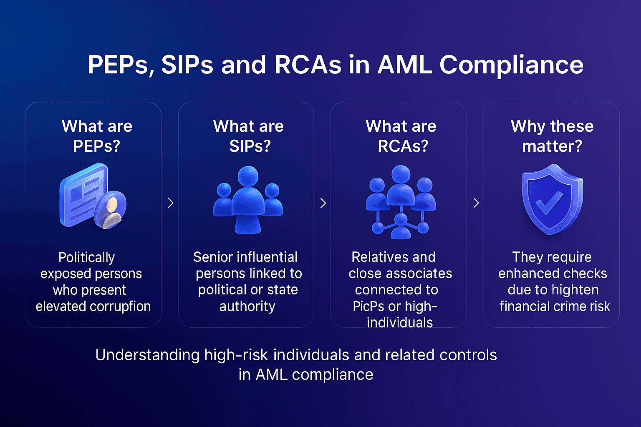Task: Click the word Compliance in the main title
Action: tap(511, 65)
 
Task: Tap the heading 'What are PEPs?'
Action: tap(97, 136)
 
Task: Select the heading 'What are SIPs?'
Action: tap(249, 136)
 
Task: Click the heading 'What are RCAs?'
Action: tap(401, 136)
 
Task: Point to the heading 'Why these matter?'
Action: tap(552, 136)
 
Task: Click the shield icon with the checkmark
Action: tap(552, 199)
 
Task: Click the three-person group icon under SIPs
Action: tap(248, 199)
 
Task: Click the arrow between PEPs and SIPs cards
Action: tap(170, 203)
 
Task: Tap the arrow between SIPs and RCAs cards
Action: tap(323, 203)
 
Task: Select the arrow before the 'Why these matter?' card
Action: tap(476, 203)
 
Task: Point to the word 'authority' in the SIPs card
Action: tap(247, 306)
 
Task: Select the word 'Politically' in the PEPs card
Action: tap(86, 257)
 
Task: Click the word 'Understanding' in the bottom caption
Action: tap(147, 355)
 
